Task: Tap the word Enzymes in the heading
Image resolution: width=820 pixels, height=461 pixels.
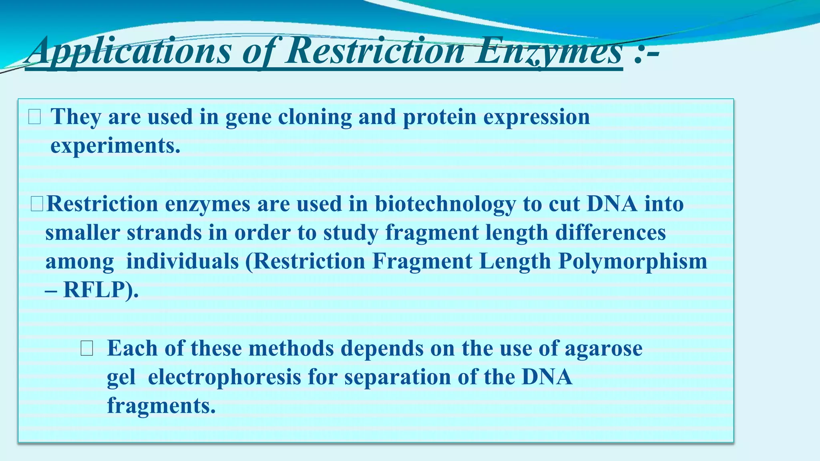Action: [549, 51]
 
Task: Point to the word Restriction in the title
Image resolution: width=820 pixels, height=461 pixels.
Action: [374, 51]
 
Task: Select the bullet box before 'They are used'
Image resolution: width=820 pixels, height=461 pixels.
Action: [34, 117]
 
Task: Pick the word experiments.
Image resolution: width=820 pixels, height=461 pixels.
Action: [115, 146]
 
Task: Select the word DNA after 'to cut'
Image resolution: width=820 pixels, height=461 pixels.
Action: [612, 204]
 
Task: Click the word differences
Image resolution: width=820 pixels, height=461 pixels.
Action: [610, 233]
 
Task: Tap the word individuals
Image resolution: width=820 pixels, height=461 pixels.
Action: [182, 262]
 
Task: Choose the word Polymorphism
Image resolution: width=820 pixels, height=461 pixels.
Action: [633, 262]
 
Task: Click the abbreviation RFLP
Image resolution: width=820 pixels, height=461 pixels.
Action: [98, 290]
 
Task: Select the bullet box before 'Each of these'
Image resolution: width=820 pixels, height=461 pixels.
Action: [86, 349]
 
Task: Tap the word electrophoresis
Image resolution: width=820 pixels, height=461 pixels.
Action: [224, 377]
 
